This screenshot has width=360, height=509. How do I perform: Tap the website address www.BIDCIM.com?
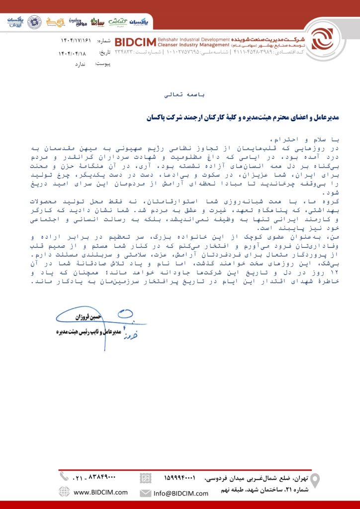[x=100, y=492]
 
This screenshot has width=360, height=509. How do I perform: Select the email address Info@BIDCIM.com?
[x=181, y=493]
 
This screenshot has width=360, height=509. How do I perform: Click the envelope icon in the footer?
[x=146, y=493]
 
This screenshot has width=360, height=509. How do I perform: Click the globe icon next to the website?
[x=64, y=492]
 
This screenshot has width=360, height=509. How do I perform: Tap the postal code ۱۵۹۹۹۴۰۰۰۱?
[x=180, y=478]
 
